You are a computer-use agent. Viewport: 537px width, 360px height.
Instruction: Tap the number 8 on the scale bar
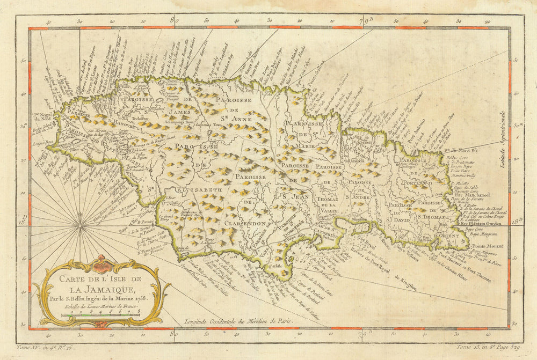coord(139,311)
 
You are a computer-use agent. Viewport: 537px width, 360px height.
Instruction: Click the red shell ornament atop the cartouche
coord(102,264)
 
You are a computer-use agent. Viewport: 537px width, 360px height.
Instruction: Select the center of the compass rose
coord(80,227)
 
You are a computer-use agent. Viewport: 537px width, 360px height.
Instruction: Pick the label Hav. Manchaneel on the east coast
coord(473,195)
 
